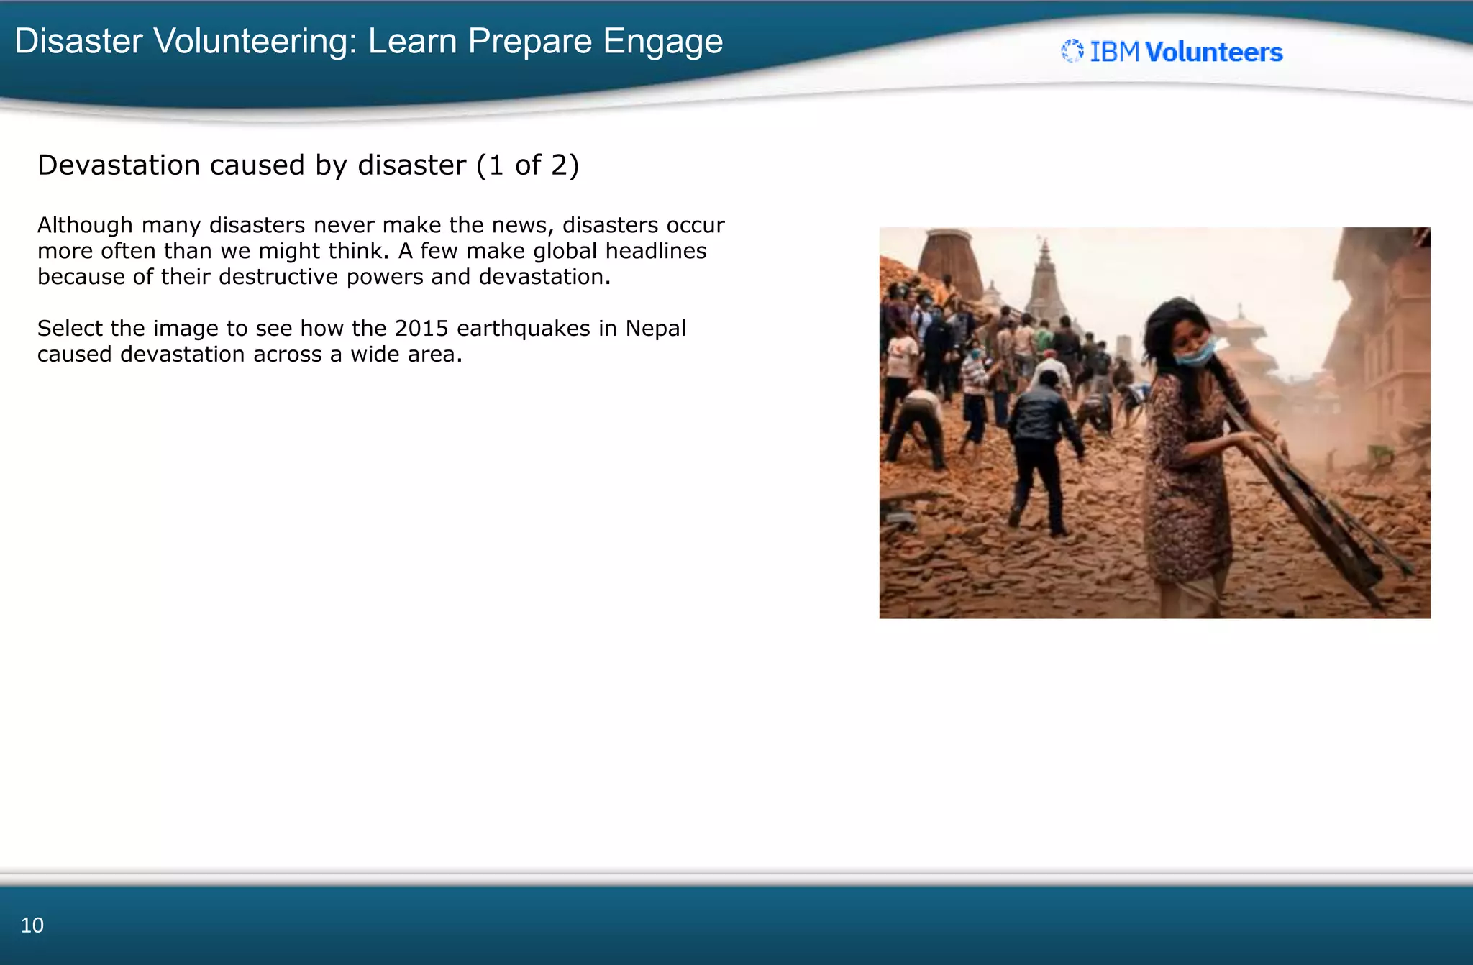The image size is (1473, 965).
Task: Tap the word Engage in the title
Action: (662, 41)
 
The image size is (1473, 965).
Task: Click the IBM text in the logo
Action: (1114, 52)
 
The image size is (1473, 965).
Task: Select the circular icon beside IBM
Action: (1072, 51)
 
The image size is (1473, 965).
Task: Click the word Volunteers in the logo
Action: (1213, 52)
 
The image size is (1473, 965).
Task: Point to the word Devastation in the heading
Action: (119, 165)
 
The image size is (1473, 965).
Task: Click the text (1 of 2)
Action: (527, 165)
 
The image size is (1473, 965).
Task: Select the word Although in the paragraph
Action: (85, 225)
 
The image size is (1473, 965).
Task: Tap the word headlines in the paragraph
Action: (655, 251)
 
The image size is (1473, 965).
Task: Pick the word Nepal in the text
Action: (655, 329)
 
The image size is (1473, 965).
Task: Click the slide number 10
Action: (32, 925)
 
